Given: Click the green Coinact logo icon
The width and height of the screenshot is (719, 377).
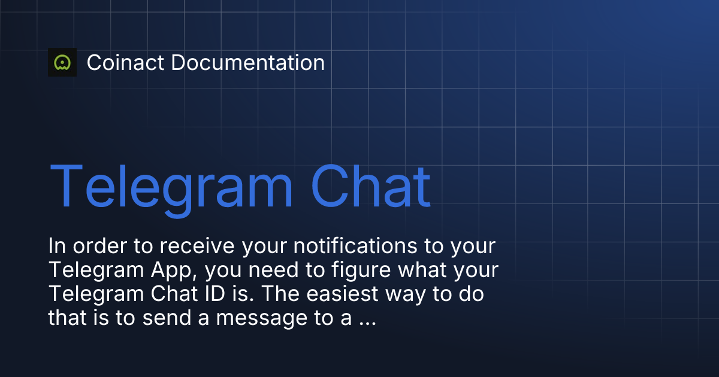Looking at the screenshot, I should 62,62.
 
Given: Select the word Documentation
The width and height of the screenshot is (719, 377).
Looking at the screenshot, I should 248,62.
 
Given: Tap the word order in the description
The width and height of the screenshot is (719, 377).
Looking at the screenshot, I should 99,246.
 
